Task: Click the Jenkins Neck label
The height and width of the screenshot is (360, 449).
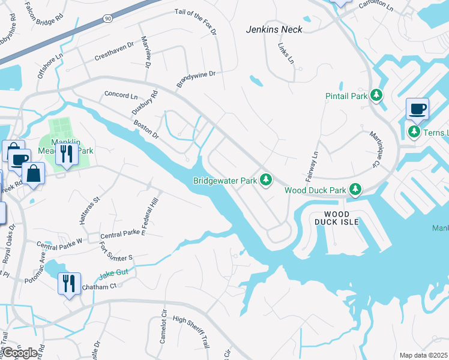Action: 274,29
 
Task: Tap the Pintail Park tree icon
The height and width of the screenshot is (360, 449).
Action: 376,95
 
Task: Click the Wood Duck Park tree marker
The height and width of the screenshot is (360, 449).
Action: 355,190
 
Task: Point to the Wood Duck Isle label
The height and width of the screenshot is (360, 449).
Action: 341,218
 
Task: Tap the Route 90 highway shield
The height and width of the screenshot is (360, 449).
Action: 107,19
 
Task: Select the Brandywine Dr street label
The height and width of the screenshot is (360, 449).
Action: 195,80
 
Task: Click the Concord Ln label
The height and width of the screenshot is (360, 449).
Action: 121,95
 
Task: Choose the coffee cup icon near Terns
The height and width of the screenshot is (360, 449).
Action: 417,109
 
